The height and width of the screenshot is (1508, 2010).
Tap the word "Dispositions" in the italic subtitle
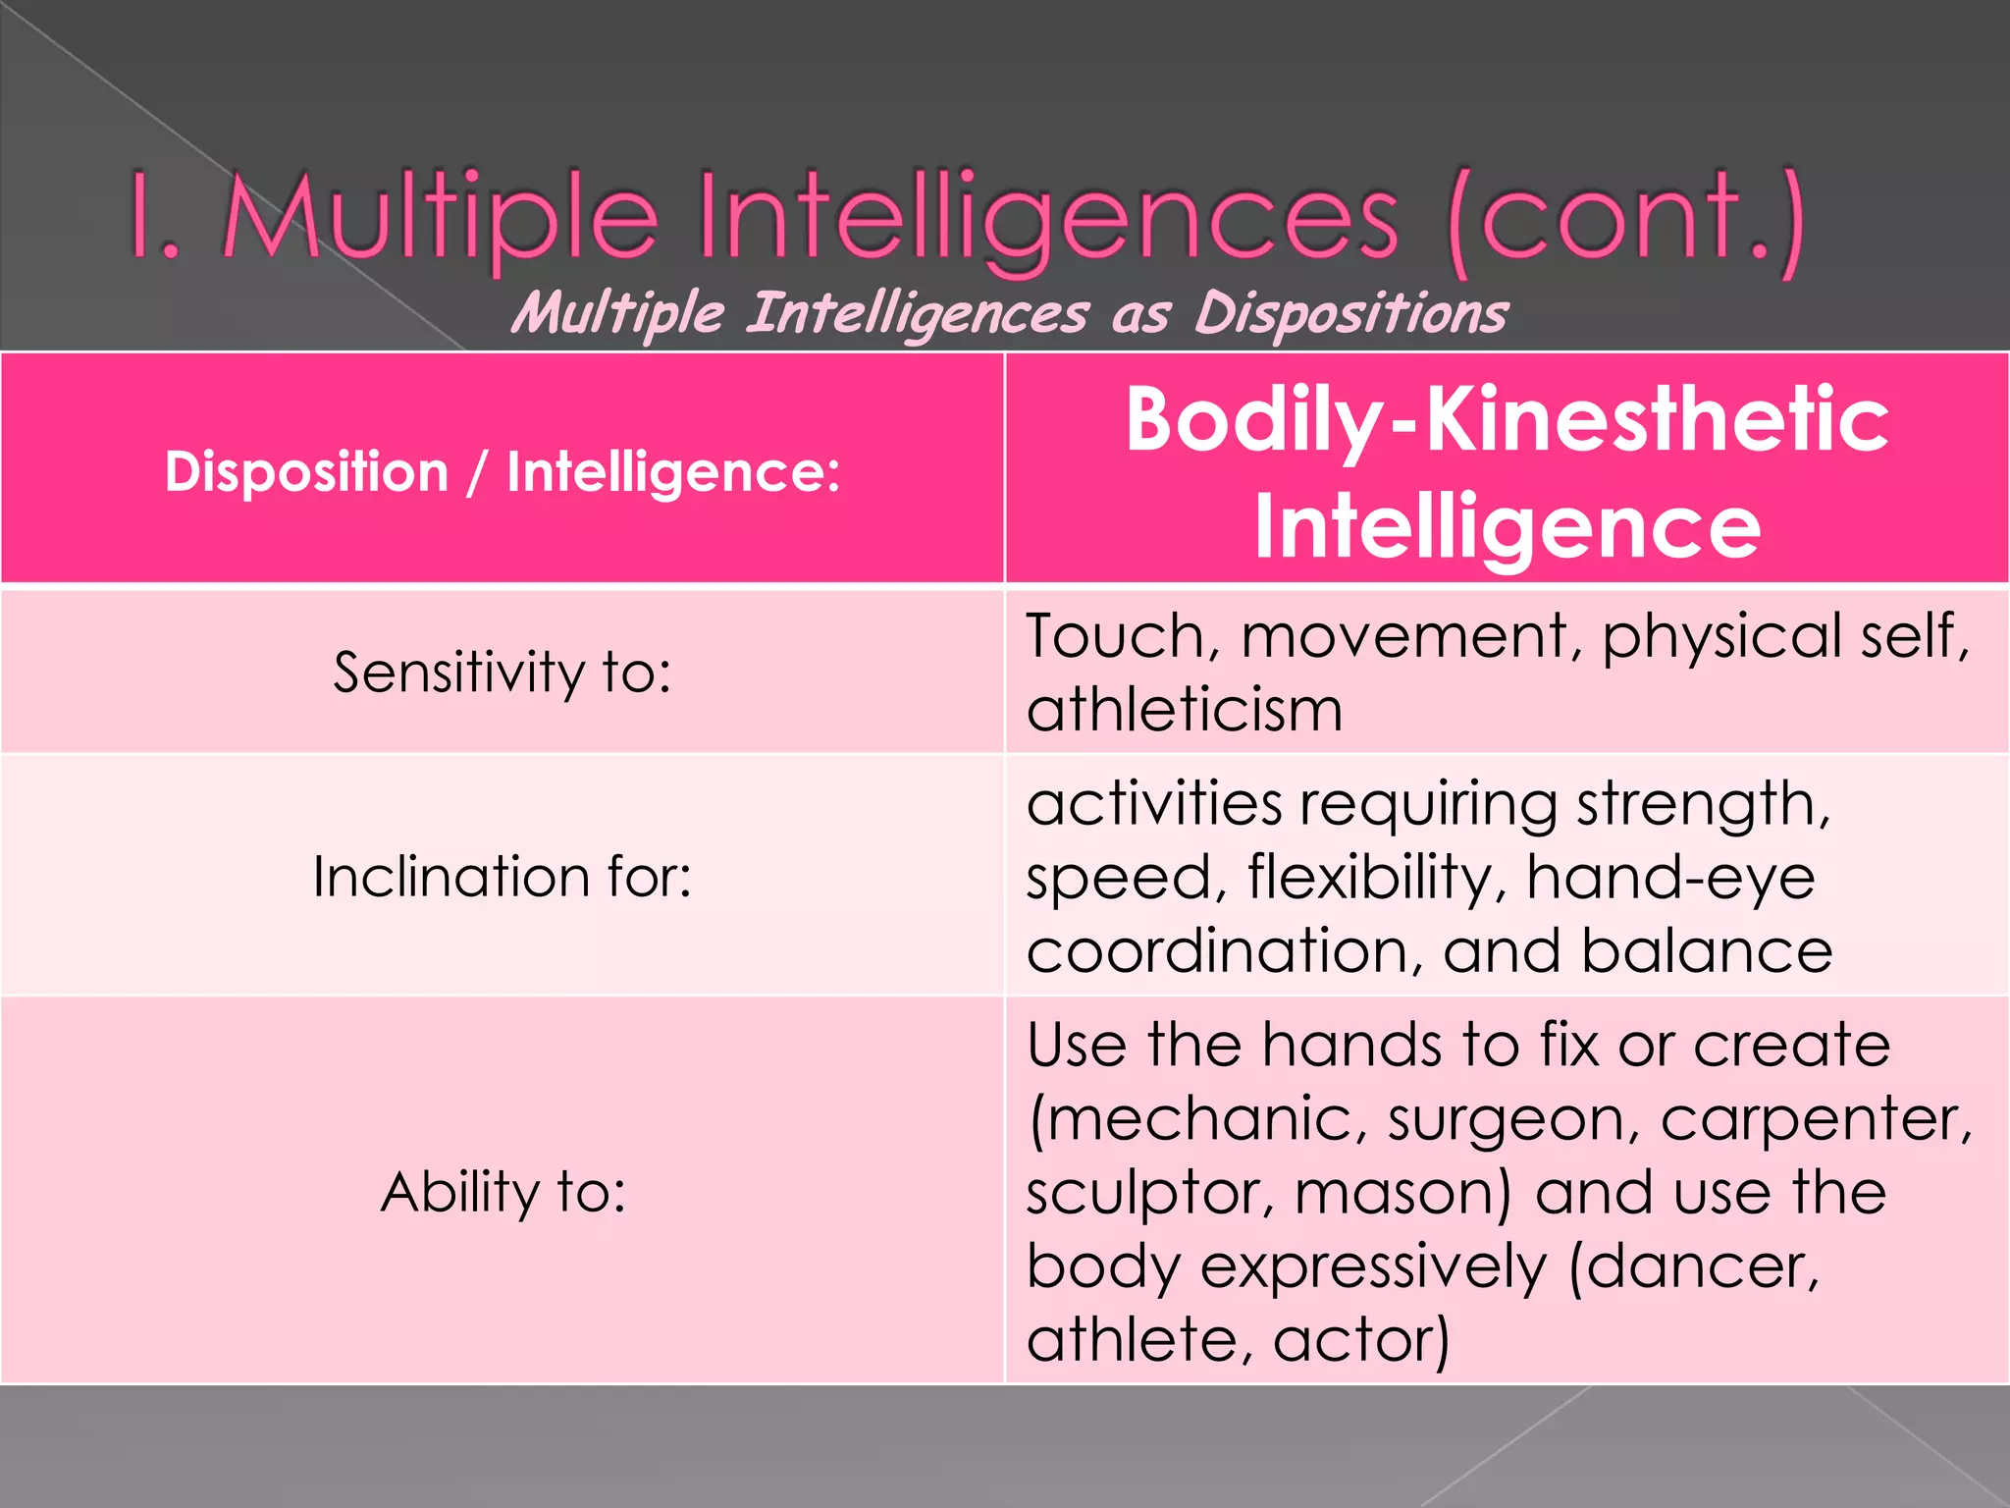click(x=1350, y=314)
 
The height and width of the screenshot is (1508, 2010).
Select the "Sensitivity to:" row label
click(x=502, y=673)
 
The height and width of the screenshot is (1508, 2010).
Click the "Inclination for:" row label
click(x=502, y=876)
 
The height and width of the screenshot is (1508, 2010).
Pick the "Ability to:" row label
click(x=502, y=1192)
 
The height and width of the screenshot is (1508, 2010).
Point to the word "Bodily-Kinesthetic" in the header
click(x=1507, y=420)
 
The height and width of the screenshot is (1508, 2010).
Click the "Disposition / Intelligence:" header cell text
click(x=502, y=471)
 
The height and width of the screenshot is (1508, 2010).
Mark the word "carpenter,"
click(x=1817, y=1119)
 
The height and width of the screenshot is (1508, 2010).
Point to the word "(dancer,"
click(x=1694, y=1266)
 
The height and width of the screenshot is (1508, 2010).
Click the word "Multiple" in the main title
click(x=443, y=218)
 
